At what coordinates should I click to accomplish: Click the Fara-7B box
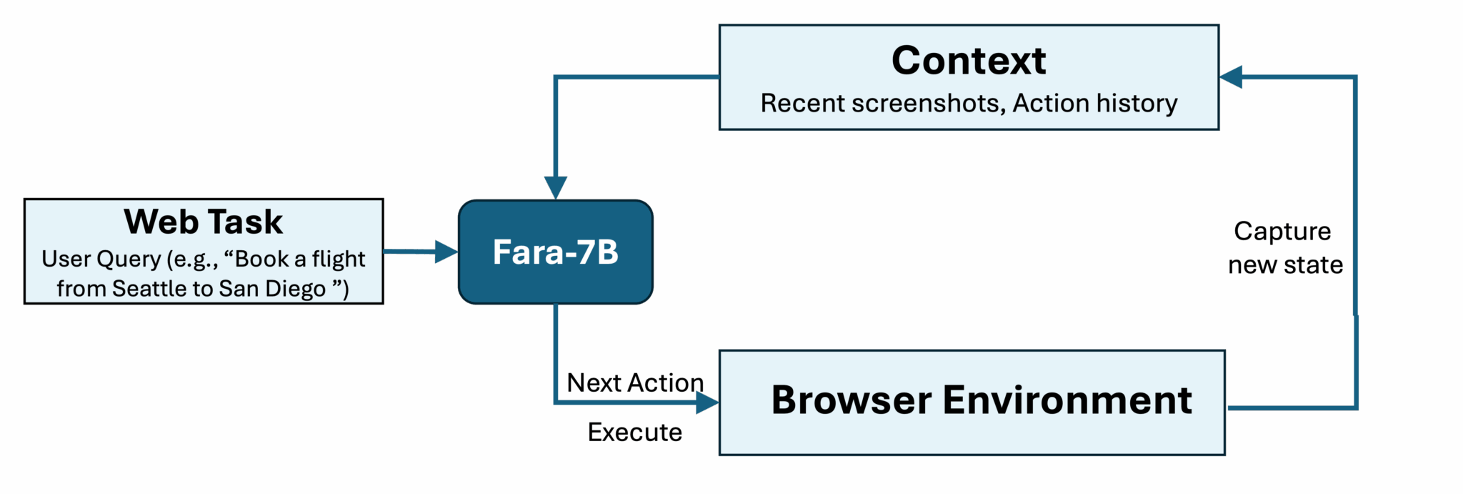(555, 252)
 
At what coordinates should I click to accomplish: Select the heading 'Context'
(968, 60)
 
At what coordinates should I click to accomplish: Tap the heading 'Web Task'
(204, 222)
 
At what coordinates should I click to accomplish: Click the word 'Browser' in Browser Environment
(851, 400)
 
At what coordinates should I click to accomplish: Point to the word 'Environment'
(1067, 400)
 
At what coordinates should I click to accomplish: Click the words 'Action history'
(1095, 103)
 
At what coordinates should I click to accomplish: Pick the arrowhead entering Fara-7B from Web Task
(446, 252)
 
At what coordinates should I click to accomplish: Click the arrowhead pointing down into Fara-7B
(556, 188)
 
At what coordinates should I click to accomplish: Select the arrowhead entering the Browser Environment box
(707, 403)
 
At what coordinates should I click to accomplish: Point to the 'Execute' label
(635, 432)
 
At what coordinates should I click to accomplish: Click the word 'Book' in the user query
(260, 259)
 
